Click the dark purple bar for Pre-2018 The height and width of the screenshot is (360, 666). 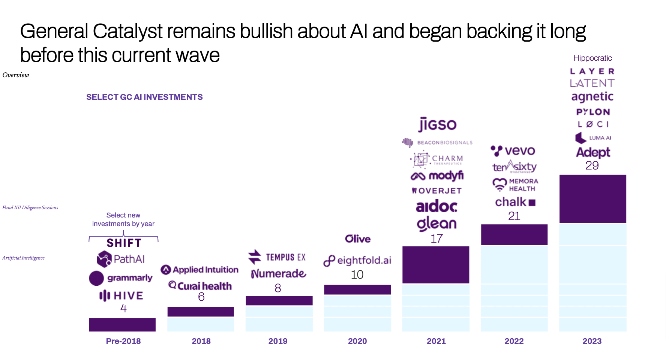122,324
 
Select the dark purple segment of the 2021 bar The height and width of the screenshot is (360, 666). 436,264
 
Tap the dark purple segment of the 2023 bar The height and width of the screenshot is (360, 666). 592,199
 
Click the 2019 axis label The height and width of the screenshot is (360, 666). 278,341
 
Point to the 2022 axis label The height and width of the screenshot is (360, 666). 514,341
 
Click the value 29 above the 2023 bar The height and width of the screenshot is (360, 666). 592,165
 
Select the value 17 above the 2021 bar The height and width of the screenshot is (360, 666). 436,238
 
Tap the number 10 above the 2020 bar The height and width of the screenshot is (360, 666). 357,274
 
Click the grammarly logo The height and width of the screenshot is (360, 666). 121,278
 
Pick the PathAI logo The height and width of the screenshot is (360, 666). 121,259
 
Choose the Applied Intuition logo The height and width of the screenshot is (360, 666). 199,270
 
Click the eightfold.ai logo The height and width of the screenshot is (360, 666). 357,260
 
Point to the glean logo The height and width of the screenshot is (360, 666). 436,223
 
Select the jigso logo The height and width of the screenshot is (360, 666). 437,124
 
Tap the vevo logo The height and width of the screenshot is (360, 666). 513,151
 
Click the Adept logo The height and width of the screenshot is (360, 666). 593,152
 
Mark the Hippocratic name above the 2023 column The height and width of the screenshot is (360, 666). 592,58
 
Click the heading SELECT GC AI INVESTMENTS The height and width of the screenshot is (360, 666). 144,97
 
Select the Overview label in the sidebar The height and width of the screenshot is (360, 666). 16,75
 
